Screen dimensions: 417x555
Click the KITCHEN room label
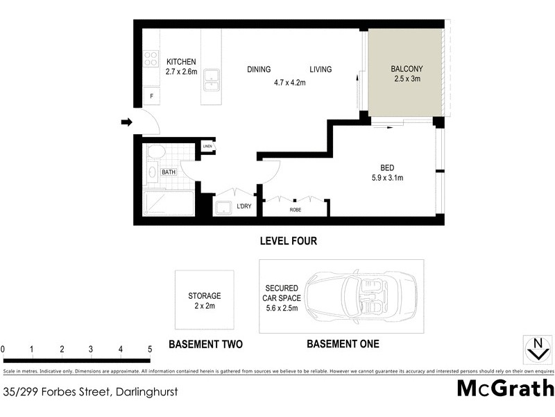point(181,62)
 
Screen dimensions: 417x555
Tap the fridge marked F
point(151,96)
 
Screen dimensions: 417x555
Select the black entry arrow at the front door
point(126,122)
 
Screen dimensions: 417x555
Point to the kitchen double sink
point(212,79)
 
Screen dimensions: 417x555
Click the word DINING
point(259,69)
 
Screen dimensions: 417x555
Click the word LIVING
point(321,69)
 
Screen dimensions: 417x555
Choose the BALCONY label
point(407,69)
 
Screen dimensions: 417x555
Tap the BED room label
point(387,167)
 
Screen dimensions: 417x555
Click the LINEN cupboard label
point(207,146)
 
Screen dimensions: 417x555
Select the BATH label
point(169,172)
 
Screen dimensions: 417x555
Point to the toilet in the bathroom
point(156,152)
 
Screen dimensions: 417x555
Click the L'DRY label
point(244,206)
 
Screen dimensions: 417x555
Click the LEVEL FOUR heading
point(288,241)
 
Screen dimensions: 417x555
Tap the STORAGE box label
point(206,295)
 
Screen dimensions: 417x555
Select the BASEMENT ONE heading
point(343,344)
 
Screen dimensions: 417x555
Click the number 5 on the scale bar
point(150,349)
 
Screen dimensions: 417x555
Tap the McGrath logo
point(504,388)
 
